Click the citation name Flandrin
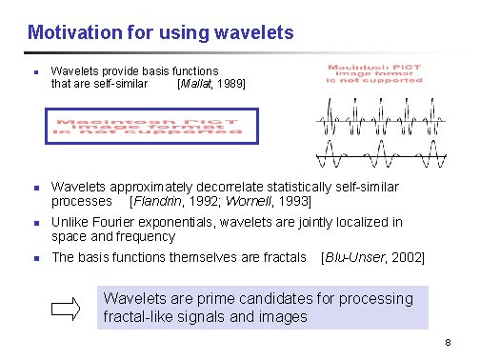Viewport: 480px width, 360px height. click(x=157, y=201)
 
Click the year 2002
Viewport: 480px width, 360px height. click(x=406, y=257)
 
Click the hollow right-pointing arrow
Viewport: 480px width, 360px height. click(x=68, y=308)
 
